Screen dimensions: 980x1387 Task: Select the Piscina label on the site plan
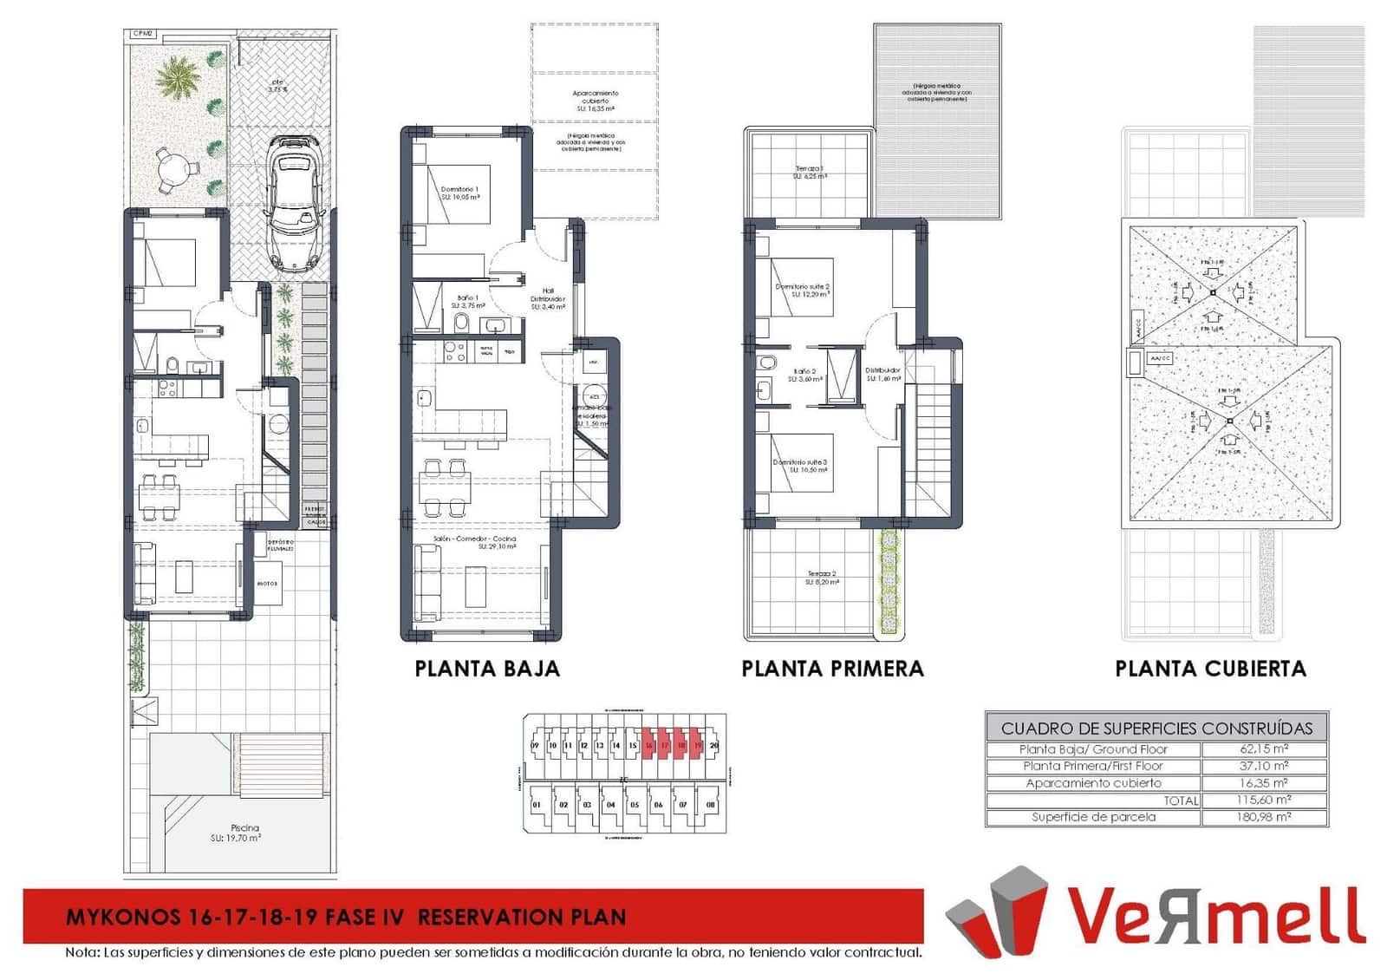pos(244,828)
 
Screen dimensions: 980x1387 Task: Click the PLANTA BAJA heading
pos(487,669)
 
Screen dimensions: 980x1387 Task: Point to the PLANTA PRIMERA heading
pos(832,669)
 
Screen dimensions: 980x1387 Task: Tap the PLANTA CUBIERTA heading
pos(1210,669)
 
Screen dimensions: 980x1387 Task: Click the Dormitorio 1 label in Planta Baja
pos(459,189)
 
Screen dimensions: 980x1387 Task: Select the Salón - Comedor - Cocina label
pos(475,539)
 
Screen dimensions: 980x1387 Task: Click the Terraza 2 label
pos(822,574)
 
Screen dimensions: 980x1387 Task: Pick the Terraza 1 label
pos(810,169)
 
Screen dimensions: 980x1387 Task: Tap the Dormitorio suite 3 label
pos(800,462)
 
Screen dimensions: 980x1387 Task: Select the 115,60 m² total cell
pos(1264,800)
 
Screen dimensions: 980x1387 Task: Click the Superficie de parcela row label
pos(1093,817)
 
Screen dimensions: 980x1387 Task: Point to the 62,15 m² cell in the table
pos(1264,749)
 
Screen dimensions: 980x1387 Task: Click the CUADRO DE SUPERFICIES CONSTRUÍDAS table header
pos(1156,728)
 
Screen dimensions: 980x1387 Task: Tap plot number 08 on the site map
pos(711,805)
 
